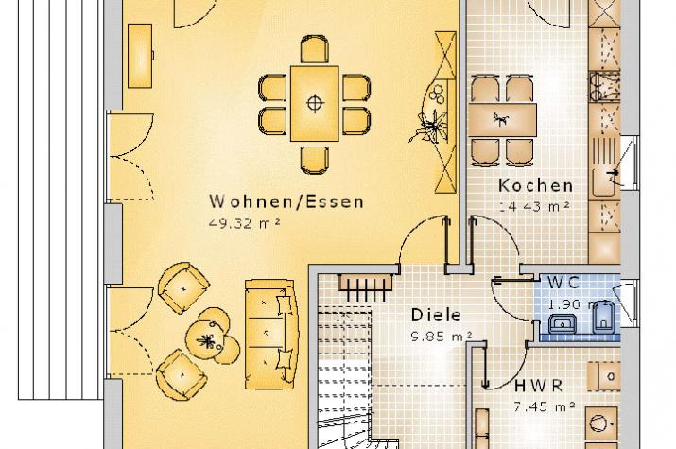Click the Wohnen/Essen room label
coord(286,201)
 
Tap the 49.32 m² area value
coord(245,223)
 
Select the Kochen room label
coord(535,185)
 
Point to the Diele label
coord(436,315)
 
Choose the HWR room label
coord(539,386)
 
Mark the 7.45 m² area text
coord(545,406)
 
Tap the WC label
coord(563,283)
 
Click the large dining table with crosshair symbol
coord(315,103)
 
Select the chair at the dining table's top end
coord(314,49)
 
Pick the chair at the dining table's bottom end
coord(314,160)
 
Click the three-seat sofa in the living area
coord(271,334)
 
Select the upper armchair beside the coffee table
coord(183,288)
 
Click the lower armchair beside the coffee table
coord(182,374)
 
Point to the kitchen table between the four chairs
coord(503,120)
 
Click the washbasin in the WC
coord(563,323)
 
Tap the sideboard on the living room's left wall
coord(140,56)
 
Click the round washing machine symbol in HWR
coord(600,423)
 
